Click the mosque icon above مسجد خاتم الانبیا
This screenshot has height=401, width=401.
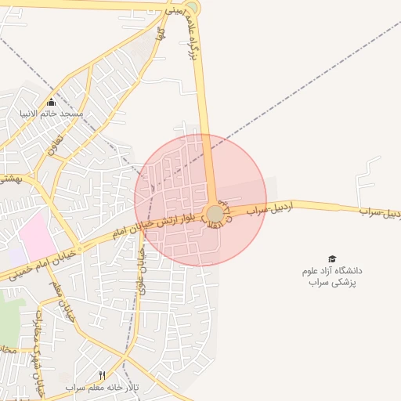click(x=52, y=103)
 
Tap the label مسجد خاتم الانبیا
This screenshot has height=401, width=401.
click(x=52, y=114)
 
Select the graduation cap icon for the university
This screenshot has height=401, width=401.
click(x=332, y=259)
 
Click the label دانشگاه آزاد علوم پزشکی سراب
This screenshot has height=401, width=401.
click(x=332, y=276)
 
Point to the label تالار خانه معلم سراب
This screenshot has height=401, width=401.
click(x=102, y=388)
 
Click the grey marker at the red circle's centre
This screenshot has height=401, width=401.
click(x=215, y=214)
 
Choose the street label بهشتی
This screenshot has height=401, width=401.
click(x=10, y=179)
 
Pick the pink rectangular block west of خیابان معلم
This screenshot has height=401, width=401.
click(x=36, y=234)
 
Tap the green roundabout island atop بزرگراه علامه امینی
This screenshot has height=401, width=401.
click(x=192, y=8)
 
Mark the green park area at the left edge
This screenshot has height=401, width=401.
click(x=7, y=321)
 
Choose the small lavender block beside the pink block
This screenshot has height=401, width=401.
click(x=16, y=257)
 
